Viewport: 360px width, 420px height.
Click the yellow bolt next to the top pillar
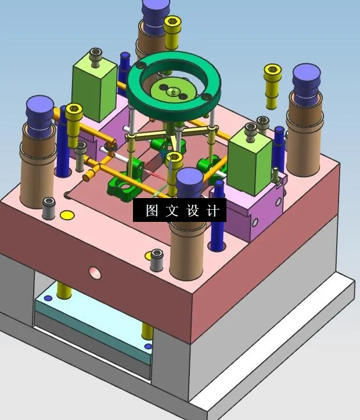coord(172,32)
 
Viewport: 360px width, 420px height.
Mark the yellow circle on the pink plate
coord(67,216)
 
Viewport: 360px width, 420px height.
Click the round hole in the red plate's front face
coord(93,271)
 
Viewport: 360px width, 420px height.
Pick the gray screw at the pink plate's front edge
coord(156,260)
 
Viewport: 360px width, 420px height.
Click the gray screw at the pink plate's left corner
coord(49,207)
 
